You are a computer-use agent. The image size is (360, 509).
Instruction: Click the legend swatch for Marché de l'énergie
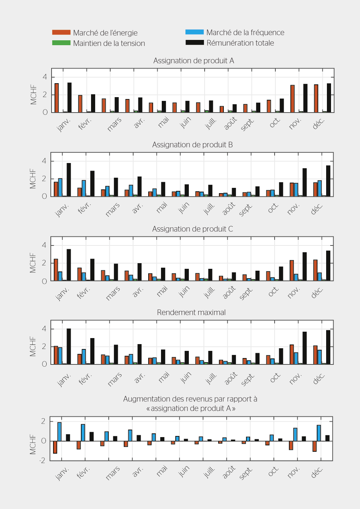point(61,32)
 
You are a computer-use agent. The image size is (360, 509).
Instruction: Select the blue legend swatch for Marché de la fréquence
point(194,32)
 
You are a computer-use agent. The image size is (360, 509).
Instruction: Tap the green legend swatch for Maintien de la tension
point(61,43)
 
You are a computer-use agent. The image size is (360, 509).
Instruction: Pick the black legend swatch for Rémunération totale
point(194,43)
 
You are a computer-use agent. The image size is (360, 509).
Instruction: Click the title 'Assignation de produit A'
point(193,61)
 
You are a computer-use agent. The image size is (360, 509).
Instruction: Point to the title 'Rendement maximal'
point(191,312)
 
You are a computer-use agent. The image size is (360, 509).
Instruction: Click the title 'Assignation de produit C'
point(192,229)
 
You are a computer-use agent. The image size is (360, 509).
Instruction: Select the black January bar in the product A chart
point(69,98)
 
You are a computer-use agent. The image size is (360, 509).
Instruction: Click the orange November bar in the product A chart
point(292,99)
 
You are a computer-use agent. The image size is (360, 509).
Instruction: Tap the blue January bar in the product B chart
point(60,187)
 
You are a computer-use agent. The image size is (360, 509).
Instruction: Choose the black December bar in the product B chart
point(328,181)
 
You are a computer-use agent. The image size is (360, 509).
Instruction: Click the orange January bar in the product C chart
point(56,270)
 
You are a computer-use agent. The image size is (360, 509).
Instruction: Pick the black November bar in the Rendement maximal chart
point(304,348)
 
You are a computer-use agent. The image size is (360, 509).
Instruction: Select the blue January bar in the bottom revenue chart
point(59,431)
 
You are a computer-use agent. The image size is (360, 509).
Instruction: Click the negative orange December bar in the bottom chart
point(314,446)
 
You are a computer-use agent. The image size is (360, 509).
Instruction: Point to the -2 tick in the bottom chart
point(42,460)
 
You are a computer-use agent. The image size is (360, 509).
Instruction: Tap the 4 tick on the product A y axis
point(45,77)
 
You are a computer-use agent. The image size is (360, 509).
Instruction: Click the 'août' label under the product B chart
point(229,208)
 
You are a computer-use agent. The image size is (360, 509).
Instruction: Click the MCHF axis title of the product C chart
point(33,263)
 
